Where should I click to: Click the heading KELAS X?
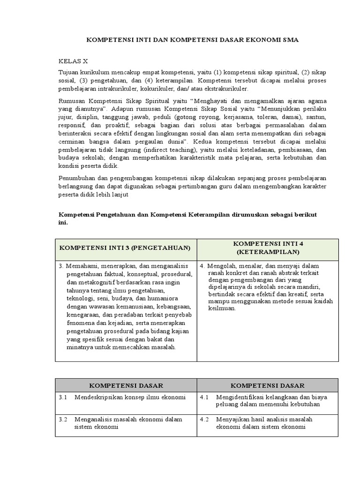click(73, 61)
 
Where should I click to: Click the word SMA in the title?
click(289, 40)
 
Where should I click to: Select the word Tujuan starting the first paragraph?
click(69, 73)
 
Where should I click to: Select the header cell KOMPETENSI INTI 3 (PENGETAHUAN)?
click(125, 247)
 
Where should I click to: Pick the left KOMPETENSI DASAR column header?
click(126, 385)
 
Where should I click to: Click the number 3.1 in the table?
click(63, 397)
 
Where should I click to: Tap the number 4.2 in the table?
click(204, 419)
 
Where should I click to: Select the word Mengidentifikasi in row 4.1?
click(239, 397)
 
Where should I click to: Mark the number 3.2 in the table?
click(63, 419)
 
